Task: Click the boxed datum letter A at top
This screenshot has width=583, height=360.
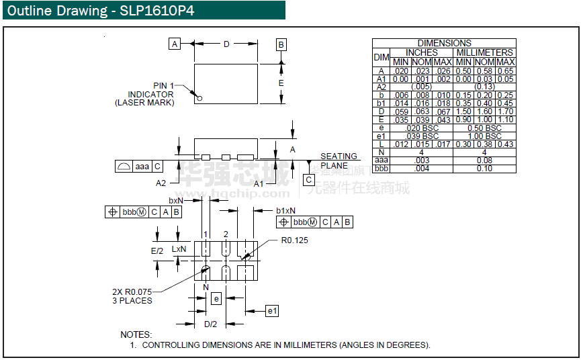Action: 175,44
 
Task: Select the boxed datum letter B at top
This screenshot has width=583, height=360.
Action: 281,45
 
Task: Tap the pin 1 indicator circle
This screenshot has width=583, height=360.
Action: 199,99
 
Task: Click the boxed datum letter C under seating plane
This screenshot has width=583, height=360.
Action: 309,180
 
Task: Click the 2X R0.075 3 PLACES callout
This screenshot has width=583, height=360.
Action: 132,296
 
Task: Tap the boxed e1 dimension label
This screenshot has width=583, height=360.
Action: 272,311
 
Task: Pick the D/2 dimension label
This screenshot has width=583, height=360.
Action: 210,324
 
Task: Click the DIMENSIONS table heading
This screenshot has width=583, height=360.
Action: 444,43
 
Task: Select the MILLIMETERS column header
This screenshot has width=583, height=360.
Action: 484,52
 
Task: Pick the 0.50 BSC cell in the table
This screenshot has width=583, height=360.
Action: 484,128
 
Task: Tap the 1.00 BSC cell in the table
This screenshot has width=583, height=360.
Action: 484,136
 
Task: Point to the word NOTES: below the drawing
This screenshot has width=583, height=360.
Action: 136,334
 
